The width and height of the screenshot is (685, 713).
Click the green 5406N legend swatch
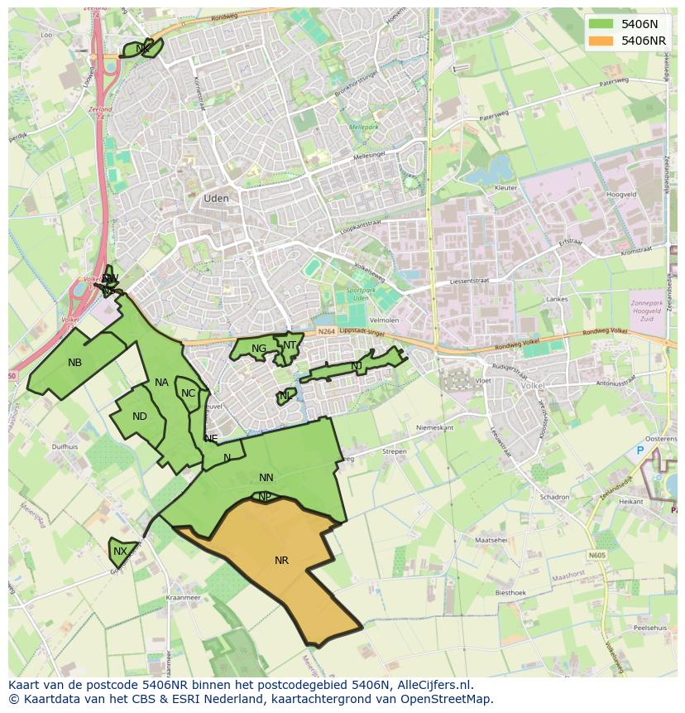click(x=602, y=24)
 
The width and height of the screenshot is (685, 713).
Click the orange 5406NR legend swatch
click(x=602, y=41)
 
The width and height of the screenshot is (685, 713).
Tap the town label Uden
click(x=216, y=199)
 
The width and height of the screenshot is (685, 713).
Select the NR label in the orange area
click(x=281, y=561)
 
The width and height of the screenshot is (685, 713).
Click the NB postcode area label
click(x=75, y=363)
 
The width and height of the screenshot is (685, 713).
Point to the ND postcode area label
click(x=140, y=417)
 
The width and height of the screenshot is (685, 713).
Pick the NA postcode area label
click(x=161, y=383)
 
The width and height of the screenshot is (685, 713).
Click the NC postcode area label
click(x=188, y=393)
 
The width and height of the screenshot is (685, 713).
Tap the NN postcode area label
click(x=266, y=478)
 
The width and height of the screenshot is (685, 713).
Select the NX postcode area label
click(x=121, y=552)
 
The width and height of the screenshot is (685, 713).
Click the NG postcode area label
click(x=259, y=349)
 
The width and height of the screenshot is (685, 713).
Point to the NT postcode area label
click(x=290, y=345)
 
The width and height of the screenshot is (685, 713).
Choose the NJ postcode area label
click(x=357, y=366)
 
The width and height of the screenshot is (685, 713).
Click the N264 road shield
click(x=326, y=331)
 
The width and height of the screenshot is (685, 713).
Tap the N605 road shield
click(x=596, y=556)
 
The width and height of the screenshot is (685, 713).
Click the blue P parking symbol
click(x=639, y=450)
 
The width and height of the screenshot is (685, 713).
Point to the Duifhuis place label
click(x=65, y=446)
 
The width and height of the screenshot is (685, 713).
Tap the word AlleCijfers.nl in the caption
click(x=433, y=685)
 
